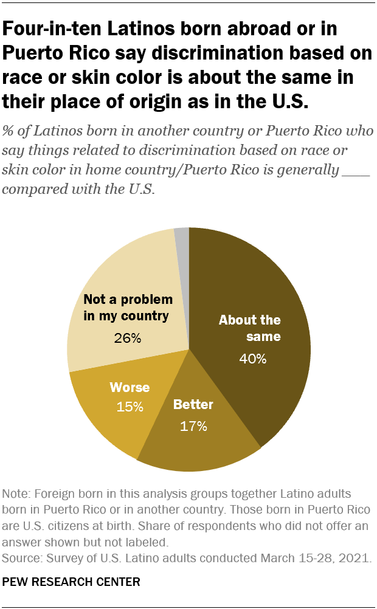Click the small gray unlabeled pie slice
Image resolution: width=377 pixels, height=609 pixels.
click(182, 243)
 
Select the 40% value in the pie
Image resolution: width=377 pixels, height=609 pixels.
click(252, 359)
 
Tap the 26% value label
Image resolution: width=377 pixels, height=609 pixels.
click(128, 338)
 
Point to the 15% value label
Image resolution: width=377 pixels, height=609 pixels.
click(130, 407)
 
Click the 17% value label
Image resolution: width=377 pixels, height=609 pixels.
click(194, 426)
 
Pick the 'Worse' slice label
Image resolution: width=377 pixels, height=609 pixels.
click(130, 387)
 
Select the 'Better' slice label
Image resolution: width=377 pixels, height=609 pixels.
click(194, 404)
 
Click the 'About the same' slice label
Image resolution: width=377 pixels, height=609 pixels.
click(249, 328)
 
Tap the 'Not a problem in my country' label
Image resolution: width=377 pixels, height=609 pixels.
click(128, 308)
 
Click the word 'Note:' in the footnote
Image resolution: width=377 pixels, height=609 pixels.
click(17, 493)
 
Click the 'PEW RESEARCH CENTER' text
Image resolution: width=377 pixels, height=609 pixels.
click(71, 582)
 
